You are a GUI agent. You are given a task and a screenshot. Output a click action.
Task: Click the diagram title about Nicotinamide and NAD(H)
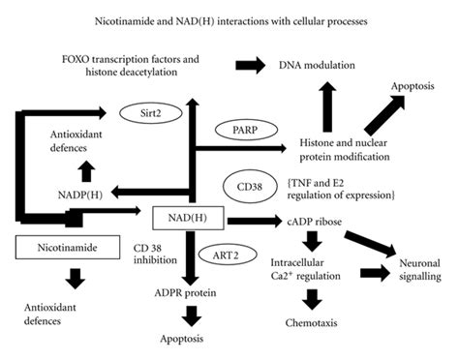pyautogui.click(x=229, y=19)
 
